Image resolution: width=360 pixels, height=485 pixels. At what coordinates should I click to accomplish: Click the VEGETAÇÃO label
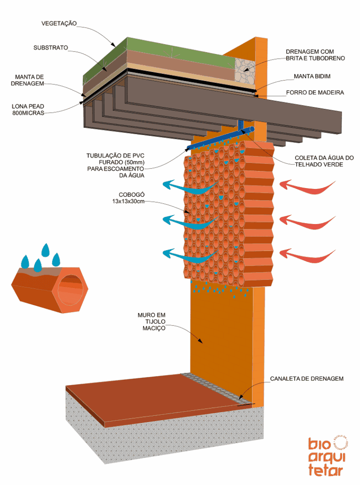click(59, 23)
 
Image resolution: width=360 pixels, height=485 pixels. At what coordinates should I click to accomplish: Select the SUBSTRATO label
click(51, 48)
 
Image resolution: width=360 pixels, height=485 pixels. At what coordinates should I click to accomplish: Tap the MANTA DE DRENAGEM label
click(29, 80)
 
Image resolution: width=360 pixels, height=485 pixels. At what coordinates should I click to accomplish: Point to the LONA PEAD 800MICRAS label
click(28, 109)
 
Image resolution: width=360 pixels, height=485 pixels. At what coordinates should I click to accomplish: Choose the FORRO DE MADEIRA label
click(315, 92)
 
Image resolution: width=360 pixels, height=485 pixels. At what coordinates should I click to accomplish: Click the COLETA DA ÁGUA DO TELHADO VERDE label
click(324, 161)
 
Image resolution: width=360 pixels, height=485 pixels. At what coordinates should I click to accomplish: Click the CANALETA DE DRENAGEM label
click(306, 378)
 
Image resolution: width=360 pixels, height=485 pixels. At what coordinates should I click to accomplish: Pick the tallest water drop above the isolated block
click(46, 250)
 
